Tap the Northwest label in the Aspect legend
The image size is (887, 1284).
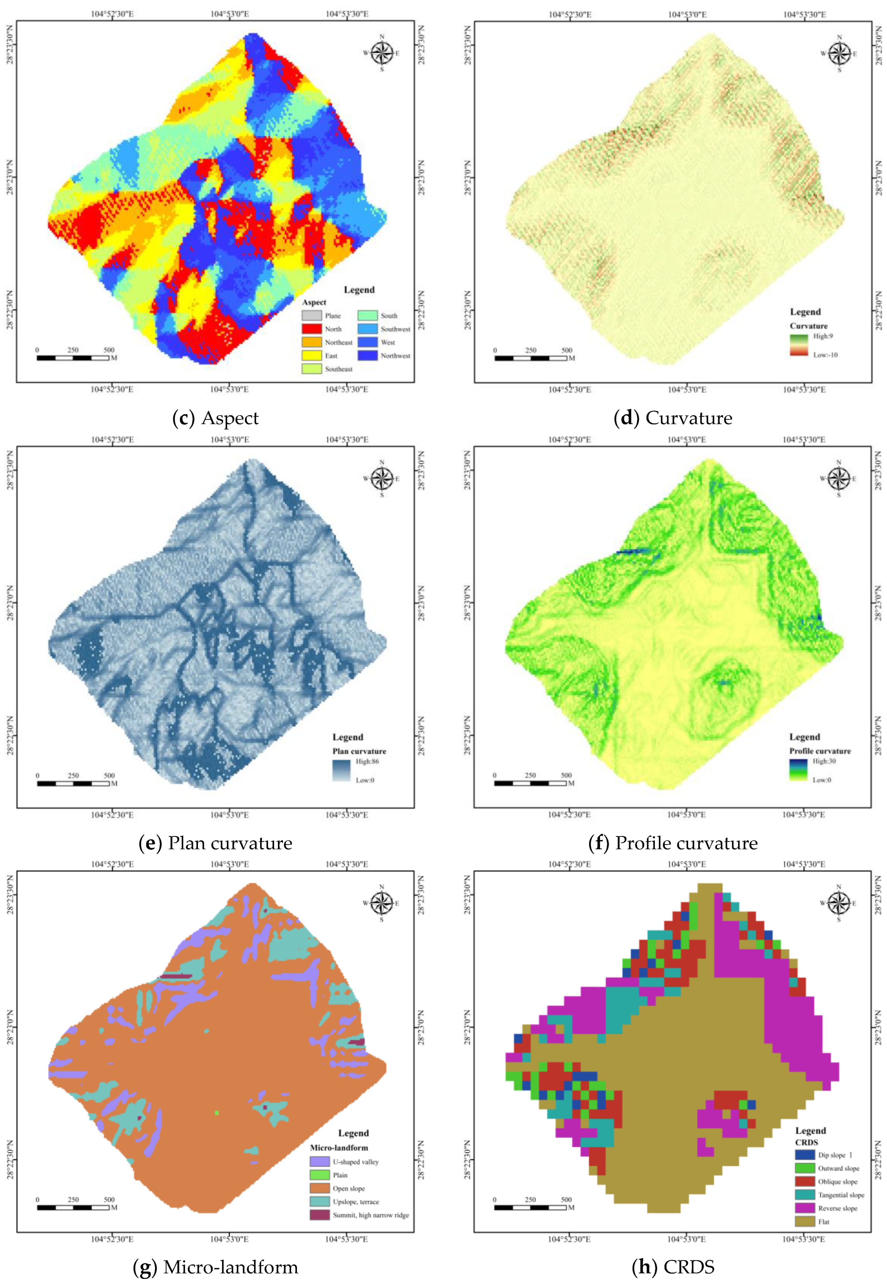(395, 356)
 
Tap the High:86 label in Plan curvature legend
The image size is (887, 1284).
(367, 761)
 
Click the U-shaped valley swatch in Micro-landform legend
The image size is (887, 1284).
(319, 1146)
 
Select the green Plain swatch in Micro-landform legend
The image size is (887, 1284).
(319, 1160)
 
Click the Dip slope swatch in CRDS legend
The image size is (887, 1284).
(805, 1139)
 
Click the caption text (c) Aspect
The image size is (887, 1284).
(216, 418)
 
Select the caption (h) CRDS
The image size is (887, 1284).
(673, 1267)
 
